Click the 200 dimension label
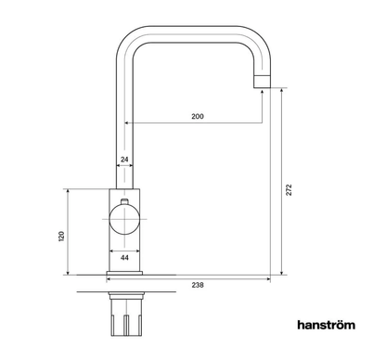pos(198,116)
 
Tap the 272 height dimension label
pos(289,189)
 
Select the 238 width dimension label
pos(198,285)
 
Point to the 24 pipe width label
pos(124,160)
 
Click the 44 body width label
pos(124,258)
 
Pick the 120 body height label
pos(61,236)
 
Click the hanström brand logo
pos(327,325)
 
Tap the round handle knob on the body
pos(124,219)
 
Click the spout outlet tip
pos(263,82)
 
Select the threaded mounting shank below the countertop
pos(126,315)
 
